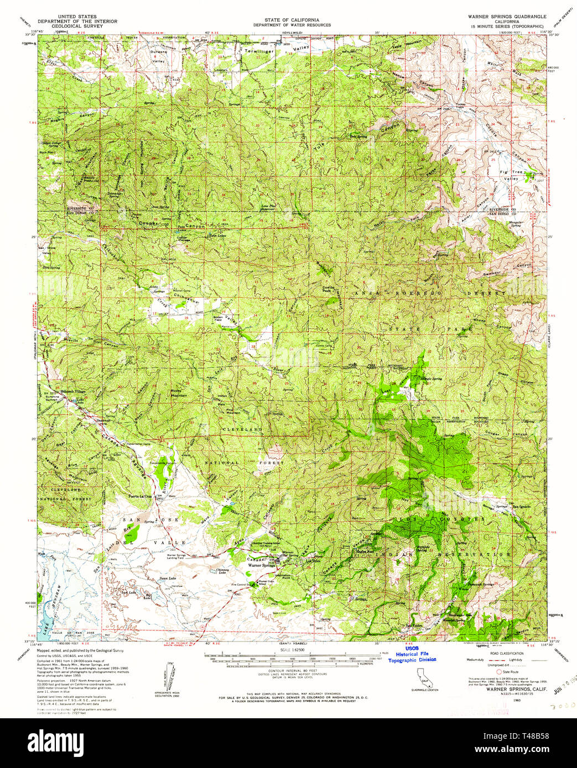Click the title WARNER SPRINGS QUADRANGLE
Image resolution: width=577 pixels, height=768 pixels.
pyautogui.click(x=507, y=17)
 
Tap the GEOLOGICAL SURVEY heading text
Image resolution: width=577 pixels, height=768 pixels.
pyautogui.click(x=74, y=26)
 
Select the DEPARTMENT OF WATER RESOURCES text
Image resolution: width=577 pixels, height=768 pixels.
pyautogui.click(x=292, y=25)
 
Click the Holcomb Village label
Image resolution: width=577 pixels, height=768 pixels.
pyautogui.click(x=74, y=391)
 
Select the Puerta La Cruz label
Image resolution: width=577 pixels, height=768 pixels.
pyautogui.click(x=140, y=496)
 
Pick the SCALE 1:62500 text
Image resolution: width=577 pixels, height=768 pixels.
pyautogui.click(x=292, y=649)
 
